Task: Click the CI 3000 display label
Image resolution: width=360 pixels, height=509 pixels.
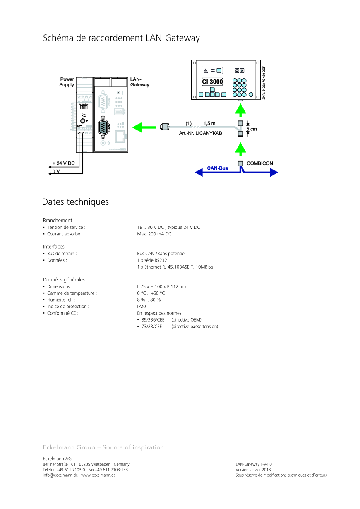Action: (x=212, y=82)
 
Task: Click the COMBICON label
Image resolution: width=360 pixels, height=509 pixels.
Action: (x=260, y=163)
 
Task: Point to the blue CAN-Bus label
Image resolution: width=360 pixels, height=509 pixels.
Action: (x=218, y=168)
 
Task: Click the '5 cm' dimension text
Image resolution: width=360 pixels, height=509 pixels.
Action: (x=252, y=129)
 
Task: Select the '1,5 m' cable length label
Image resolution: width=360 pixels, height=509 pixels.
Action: (x=209, y=124)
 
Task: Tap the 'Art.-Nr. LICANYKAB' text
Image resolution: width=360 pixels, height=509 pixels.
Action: (x=200, y=133)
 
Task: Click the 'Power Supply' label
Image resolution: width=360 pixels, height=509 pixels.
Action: (x=67, y=82)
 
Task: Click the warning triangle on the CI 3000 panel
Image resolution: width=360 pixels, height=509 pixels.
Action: (x=206, y=70)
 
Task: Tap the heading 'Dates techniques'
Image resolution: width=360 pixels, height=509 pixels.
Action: (x=75, y=202)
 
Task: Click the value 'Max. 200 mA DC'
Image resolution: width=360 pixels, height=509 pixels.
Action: (x=154, y=234)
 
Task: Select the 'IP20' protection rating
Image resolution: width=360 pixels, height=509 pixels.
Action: (x=142, y=307)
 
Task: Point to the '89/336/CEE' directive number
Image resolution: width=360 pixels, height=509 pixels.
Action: (x=153, y=320)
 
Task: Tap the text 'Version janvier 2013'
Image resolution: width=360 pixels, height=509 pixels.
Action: (x=253, y=470)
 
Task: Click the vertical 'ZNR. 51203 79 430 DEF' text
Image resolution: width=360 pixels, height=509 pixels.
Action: (x=264, y=82)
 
